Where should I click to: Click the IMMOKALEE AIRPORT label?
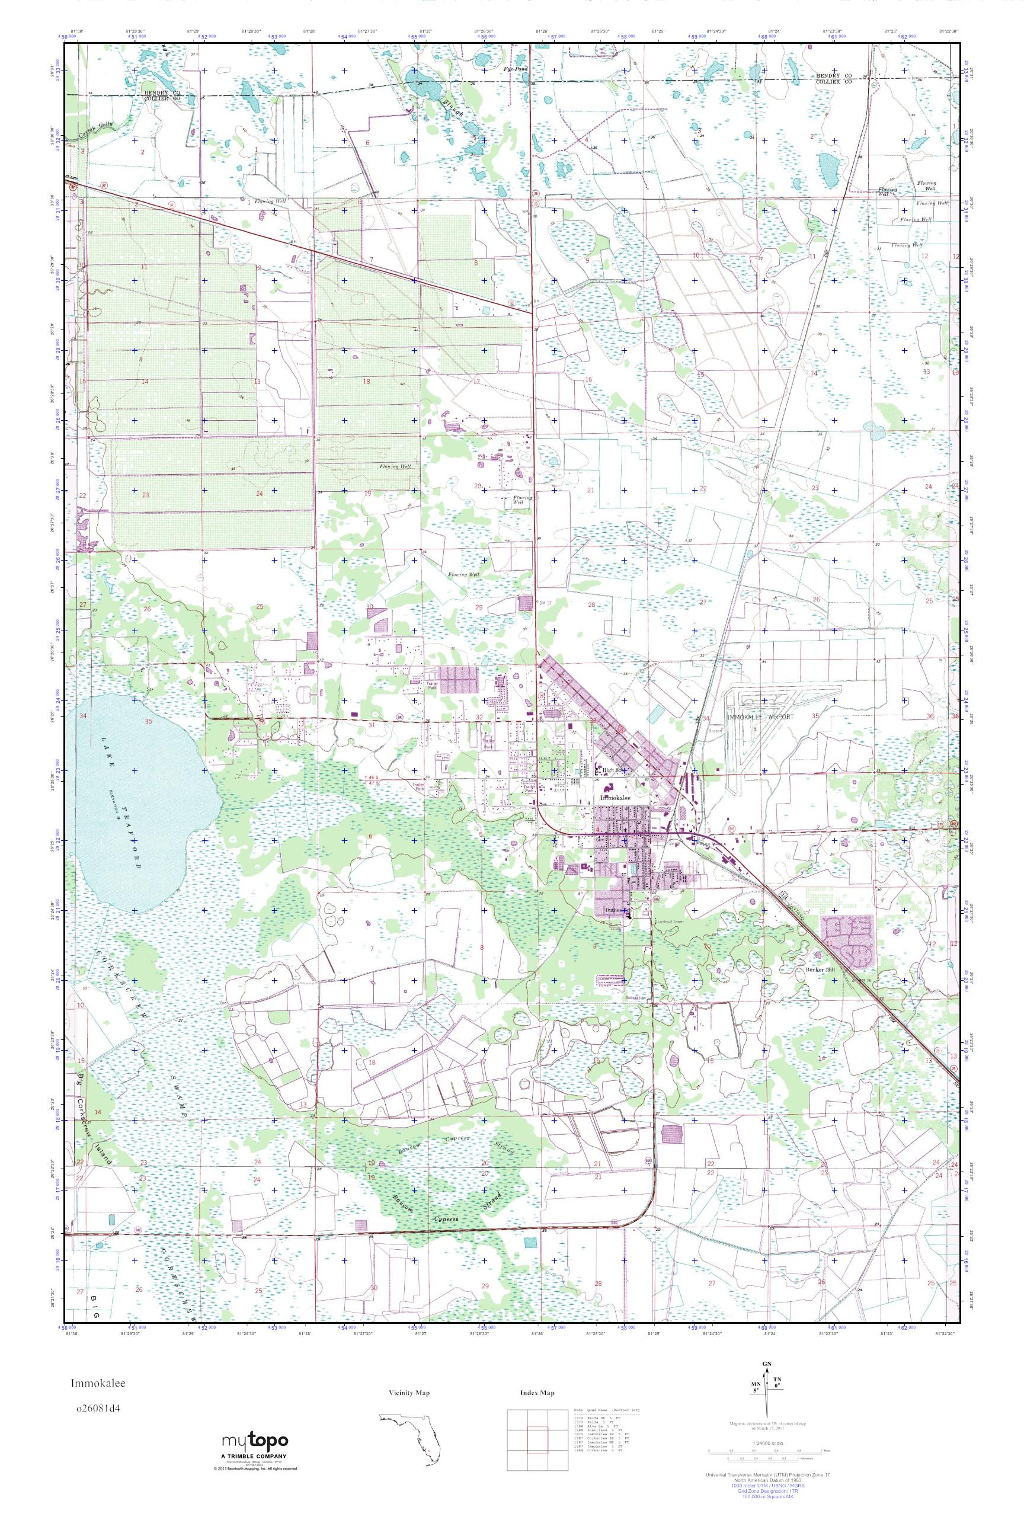761,716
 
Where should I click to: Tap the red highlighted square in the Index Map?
537,1442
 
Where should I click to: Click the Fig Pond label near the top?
516,68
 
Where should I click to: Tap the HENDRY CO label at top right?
833,76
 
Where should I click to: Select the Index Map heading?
537,1393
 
